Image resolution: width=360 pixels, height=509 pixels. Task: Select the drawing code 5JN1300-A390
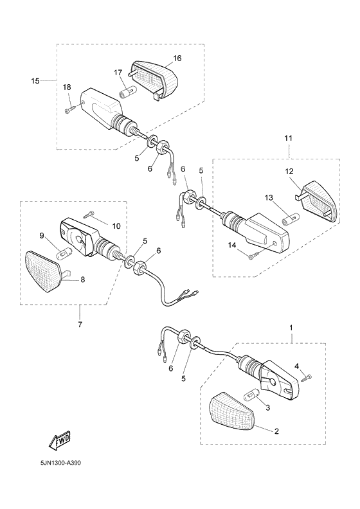click(60, 462)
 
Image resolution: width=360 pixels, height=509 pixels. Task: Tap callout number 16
click(177, 58)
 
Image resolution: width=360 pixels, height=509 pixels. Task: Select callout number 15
click(35, 81)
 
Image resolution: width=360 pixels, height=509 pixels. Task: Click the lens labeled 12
click(319, 201)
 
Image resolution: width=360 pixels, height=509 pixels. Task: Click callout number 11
click(289, 138)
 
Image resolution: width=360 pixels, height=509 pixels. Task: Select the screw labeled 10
click(89, 213)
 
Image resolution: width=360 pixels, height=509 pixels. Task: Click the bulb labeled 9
click(63, 253)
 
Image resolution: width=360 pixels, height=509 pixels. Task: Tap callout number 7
click(80, 324)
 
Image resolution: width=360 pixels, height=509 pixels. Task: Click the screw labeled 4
click(307, 378)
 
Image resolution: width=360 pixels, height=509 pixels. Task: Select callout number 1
click(291, 328)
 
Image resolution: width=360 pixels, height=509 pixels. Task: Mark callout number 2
click(276, 431)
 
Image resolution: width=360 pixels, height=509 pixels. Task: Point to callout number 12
click(289, 171)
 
